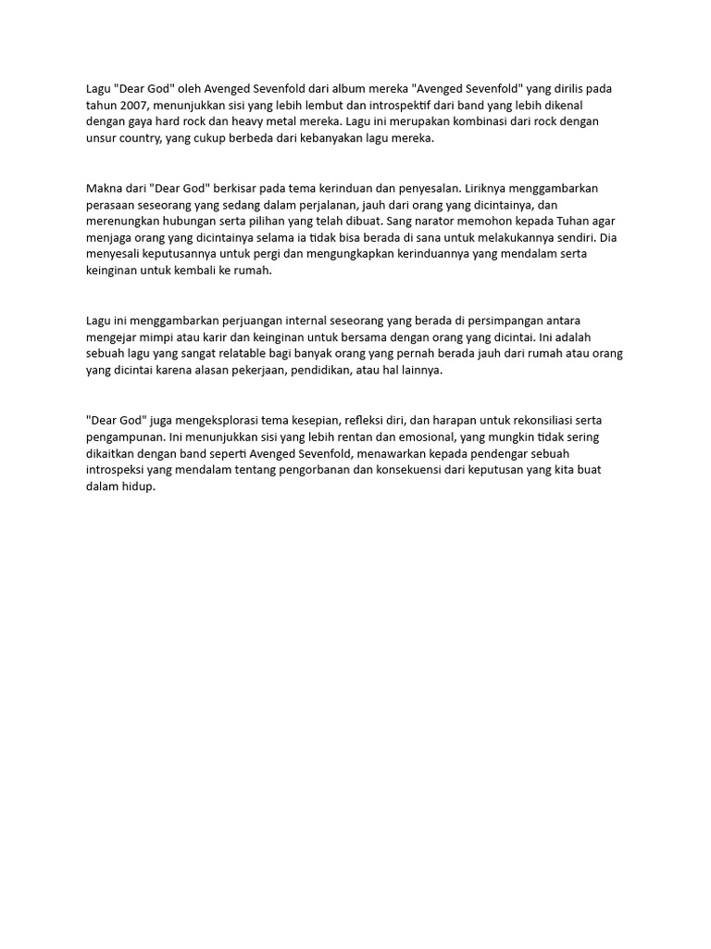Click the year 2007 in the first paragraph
pos(134,105)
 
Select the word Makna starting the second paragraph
pos(104,188)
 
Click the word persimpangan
pos(527,321)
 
